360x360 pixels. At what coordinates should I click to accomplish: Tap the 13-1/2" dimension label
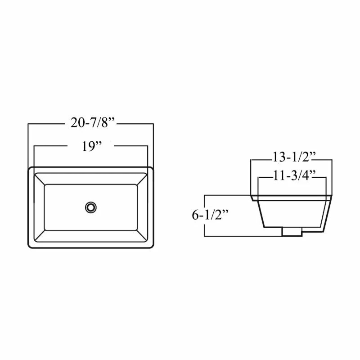293,158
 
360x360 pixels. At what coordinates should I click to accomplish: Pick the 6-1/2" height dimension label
210,215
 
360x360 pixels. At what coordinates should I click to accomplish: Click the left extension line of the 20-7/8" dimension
28,144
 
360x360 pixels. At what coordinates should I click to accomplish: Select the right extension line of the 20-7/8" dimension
153,144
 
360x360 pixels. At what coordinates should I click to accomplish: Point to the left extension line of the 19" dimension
35,157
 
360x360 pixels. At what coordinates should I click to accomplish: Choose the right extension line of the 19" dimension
148,157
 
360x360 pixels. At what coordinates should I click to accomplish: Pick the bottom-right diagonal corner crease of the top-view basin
143,236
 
